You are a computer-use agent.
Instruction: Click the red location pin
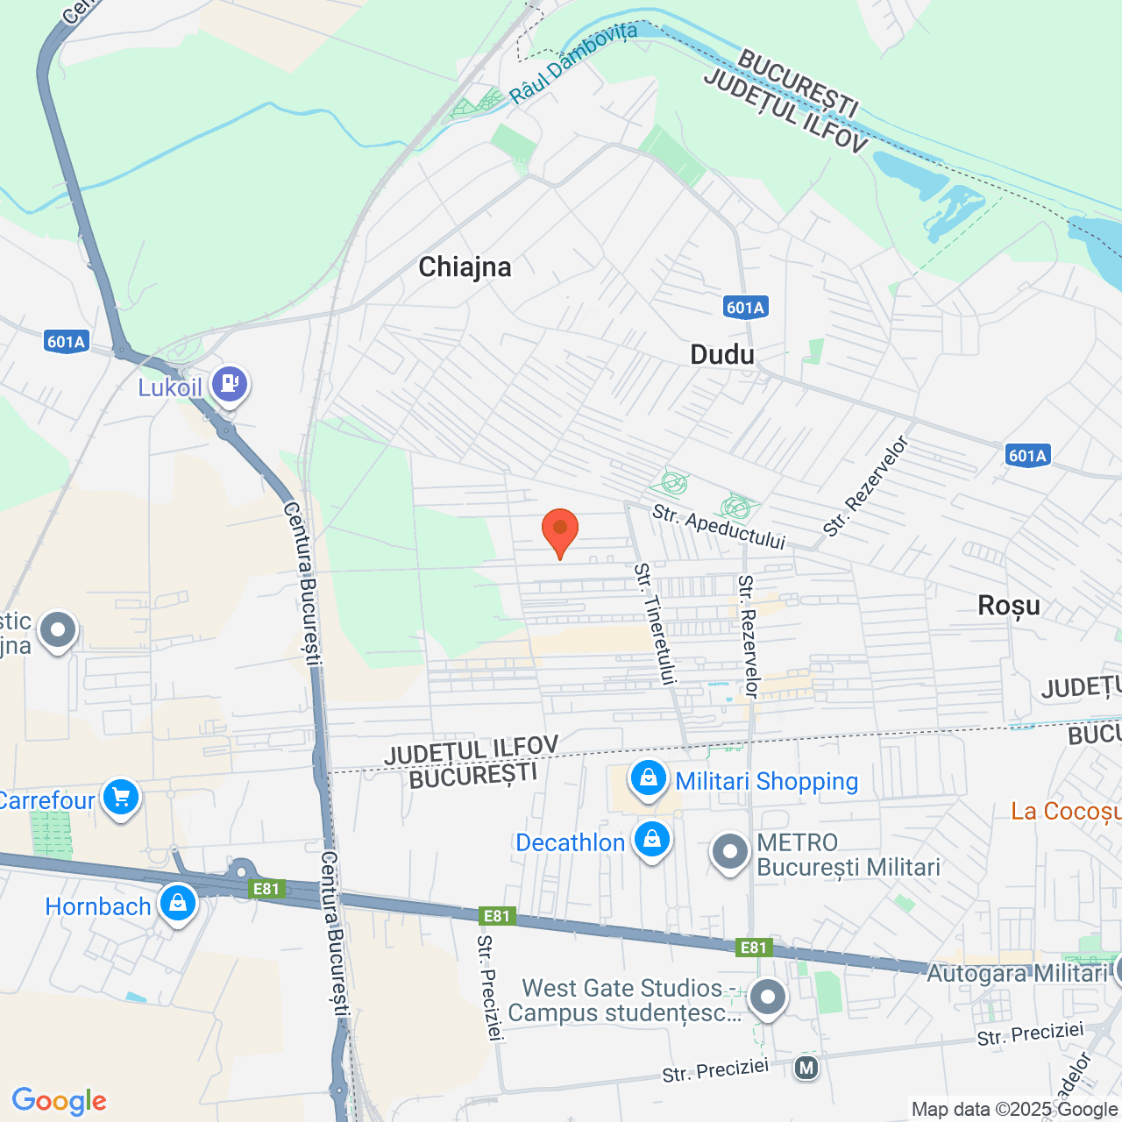[560, 530]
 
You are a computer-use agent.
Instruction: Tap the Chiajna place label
[465, 266]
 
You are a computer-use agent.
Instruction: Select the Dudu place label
[722, 354]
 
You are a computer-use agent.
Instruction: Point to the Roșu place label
[1009, 605]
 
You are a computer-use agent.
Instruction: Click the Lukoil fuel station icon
[230, 383]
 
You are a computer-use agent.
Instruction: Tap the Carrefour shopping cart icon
[121, 797]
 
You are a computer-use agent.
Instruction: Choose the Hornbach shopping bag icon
[178, 902]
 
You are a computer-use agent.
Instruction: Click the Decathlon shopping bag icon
[651, 839]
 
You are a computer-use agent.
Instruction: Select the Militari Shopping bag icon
[649, 778]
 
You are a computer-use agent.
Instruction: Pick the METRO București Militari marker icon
[729, 851]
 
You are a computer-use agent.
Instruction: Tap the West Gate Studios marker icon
[768, 997]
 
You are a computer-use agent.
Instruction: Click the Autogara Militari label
[1017, 973]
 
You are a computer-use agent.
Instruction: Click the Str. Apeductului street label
[719, 527]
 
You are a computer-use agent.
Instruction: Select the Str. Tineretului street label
[656, 623]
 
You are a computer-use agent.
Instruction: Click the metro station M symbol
[806, 1068]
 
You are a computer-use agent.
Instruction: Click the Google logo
[60, 1101]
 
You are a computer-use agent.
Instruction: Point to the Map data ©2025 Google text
[1015, 1110]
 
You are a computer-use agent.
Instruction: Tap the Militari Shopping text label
[767, 781]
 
